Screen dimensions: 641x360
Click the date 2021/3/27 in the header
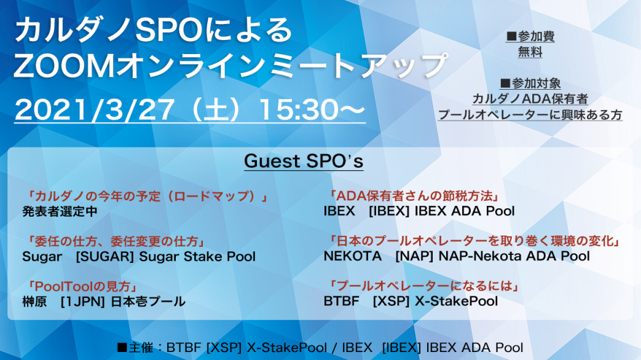95,109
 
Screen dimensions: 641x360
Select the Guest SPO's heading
304,161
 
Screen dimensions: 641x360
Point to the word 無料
530,52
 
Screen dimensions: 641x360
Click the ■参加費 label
530,36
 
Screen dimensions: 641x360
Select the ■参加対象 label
530,84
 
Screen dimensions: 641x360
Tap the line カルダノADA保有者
530,99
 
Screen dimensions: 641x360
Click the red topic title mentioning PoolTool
82,286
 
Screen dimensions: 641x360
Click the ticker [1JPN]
83,302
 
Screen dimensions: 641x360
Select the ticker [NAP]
414,256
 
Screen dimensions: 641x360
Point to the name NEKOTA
352,256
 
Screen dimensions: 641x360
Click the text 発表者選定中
60,211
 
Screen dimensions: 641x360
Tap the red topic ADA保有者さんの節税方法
414,196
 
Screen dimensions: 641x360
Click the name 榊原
34,302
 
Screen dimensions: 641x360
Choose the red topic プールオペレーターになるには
423,286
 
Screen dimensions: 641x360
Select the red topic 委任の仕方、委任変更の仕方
116,241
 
